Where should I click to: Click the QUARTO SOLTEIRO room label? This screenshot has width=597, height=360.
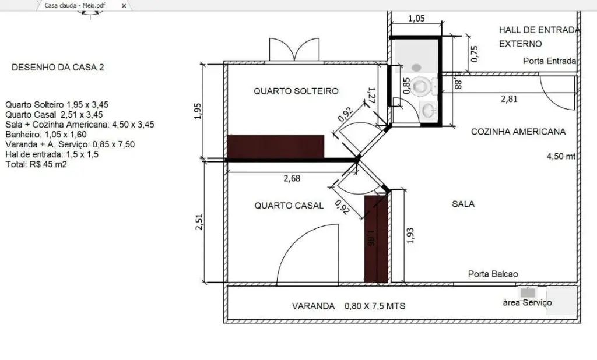(296, 91)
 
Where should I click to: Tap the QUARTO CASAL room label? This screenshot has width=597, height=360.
(289, 206)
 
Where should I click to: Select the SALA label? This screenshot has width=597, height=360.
(463, 204)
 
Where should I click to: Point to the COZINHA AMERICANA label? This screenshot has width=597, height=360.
(518, 132)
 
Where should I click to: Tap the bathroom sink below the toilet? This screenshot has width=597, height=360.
(429, 110)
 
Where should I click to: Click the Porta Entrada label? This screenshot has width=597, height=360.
(549, 61)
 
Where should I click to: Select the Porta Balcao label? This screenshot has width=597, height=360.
(493, 274)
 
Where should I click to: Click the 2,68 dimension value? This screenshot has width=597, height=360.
(292, 178)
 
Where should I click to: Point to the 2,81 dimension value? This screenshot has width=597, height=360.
(509, 99)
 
